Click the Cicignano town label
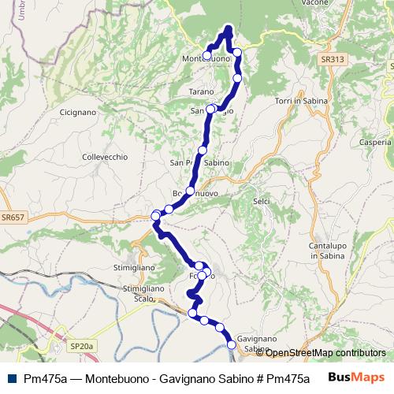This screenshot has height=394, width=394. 78,113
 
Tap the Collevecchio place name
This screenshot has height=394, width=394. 104,157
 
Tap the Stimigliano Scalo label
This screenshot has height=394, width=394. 143,293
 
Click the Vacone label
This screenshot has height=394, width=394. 336,3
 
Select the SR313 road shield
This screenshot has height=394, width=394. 333,59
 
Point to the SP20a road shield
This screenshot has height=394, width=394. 80,345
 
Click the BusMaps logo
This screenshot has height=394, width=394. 355,377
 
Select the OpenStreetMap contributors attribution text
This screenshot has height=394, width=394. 320,352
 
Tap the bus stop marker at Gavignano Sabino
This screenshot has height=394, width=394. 232,344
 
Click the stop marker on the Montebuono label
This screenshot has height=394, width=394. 207,55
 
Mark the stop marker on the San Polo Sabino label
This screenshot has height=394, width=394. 203,150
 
